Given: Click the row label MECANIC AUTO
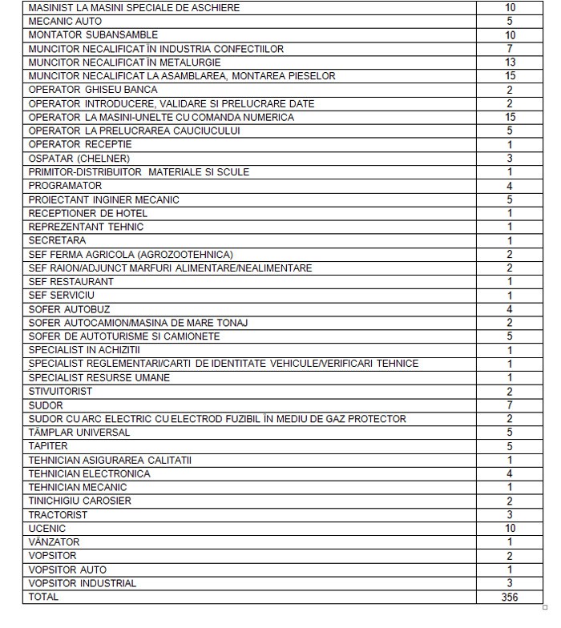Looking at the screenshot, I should pos(65,21).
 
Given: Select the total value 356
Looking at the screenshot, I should pos(510,597).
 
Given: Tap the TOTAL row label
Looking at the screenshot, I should pos(43,597).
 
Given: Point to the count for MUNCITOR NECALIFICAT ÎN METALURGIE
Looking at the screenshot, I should pos(510,62).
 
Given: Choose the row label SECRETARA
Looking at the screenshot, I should pos(57,240).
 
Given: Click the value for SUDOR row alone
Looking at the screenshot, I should pos(510,405).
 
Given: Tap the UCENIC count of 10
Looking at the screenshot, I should pos(510,529).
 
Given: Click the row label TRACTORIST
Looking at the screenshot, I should pos(59,514).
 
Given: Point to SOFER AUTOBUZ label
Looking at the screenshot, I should pos(70,309).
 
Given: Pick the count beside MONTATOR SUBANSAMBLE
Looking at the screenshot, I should pos(510,35).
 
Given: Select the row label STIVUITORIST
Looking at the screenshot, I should pos(60,392).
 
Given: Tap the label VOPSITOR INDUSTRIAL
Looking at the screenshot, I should pos(83,583).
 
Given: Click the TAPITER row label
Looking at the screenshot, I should pos(48,446).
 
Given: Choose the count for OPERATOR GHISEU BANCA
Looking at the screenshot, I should pos(510,90).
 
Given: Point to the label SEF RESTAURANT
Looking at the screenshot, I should pos(71,282).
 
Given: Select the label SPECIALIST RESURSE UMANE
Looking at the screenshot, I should pos(99,377).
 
